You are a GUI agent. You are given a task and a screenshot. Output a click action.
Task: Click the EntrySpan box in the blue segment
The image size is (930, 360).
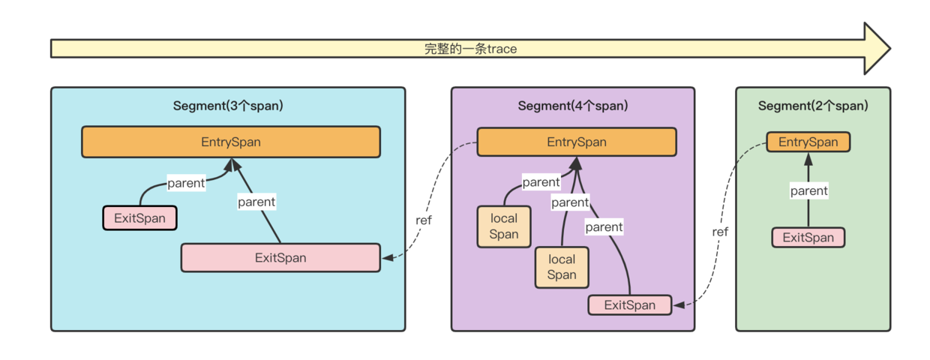coord(230,142)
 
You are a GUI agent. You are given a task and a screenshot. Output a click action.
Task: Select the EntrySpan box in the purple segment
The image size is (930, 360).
coord(576,142)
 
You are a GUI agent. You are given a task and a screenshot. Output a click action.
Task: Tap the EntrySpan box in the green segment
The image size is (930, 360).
coord(808,142)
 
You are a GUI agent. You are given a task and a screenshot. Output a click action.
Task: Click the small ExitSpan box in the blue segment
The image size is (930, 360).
coord(139,218)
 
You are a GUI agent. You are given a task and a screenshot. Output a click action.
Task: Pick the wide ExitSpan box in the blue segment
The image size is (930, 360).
coord(280,257)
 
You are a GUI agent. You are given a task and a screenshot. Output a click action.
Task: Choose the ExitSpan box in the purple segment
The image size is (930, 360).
coord(629,304)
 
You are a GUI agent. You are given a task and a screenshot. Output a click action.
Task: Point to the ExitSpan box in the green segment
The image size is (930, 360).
coord(808,238)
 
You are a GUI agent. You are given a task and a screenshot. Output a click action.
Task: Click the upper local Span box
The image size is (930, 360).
coord(504,226)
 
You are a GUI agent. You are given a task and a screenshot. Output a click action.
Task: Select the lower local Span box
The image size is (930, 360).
coord(561,267)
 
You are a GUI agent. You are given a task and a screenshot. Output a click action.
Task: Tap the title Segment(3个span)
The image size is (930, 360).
coord(228,106)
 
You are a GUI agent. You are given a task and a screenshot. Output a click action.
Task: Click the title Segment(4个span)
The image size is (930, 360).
coord(572,106)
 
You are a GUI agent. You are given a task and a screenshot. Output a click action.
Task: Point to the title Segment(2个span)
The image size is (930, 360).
coord(812,106)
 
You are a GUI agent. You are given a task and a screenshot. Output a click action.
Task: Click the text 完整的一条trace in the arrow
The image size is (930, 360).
coord(470,49)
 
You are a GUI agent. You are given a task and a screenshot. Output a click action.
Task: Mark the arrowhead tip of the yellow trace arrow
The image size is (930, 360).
coord(889,49)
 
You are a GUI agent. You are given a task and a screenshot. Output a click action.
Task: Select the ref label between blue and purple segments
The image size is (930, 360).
coord(424,220)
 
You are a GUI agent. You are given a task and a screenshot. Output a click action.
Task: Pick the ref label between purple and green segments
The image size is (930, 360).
coord(720,232)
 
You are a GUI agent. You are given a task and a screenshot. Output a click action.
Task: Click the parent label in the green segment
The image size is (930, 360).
coord(808,190)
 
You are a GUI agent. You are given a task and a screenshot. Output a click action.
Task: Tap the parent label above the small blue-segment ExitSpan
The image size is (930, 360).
coord(186,182)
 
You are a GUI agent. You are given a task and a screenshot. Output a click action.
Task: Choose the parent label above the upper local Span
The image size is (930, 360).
coord(541,181)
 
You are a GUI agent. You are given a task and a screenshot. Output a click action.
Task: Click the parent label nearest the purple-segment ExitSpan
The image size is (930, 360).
coord(604,226)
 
